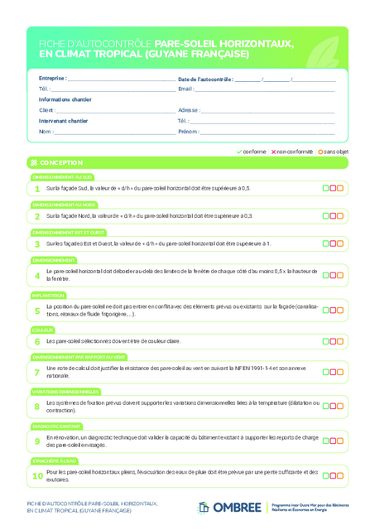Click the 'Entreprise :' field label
(x=52, y=79)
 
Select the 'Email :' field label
(x=185, y=89)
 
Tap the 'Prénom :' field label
(x=188, y=131)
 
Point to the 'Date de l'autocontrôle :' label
(x=205, y=79)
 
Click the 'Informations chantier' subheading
(x=65, y=99)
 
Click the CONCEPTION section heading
(x=60, y=162)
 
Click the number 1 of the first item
(x=37, y=189)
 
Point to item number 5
(x=37, y=311)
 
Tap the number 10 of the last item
(x=37, y=475)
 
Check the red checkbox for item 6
(x=333, y=341)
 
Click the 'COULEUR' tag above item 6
(x=43, y=330)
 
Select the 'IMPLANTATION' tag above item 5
(x=48, y=295)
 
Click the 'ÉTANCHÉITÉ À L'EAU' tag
(x=55, y=460)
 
